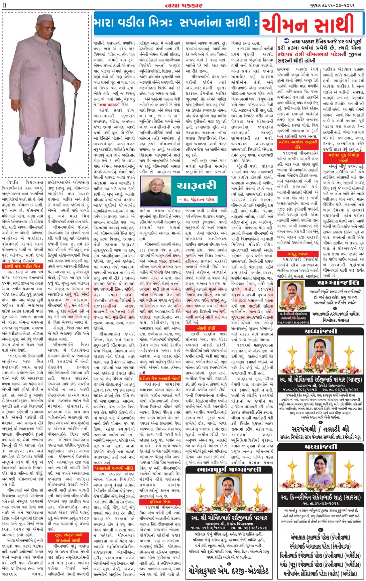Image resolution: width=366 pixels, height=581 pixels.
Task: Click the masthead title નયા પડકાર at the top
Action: click(184, 5)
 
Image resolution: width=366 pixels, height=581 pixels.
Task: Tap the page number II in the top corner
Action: click(5, 5)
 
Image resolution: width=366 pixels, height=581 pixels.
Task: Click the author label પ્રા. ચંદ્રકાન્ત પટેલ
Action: click(197, 199)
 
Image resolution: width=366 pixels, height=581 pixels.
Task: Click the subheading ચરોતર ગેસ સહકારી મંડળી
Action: click(160, 378)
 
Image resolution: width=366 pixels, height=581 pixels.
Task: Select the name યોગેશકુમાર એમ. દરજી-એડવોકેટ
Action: click(229, 571)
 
